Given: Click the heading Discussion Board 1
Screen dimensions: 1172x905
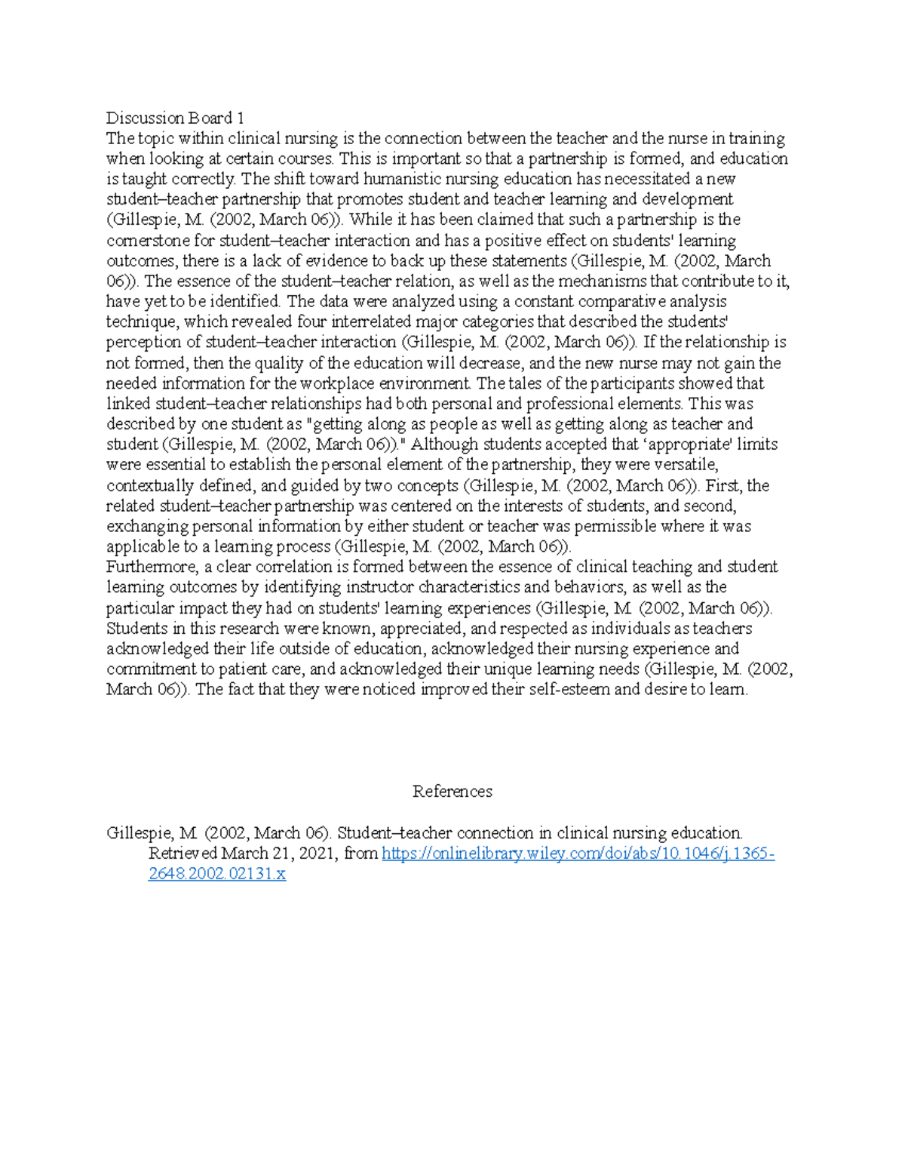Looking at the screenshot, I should coord(175,118).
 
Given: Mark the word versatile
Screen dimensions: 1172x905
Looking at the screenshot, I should coord(687,465).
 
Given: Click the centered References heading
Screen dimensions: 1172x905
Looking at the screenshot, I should coord(452,791).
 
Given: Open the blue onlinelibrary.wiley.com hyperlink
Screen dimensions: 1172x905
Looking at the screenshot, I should coord(578,854).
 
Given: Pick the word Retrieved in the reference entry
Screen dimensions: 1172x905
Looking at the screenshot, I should coord(183,854).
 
